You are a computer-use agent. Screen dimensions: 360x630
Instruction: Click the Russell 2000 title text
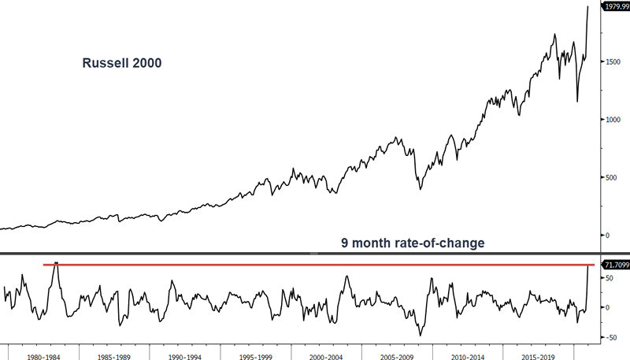point(122,64)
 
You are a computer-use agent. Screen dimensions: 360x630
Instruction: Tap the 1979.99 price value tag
point(614,7)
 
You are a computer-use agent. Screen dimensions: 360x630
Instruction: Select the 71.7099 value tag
point(614,265)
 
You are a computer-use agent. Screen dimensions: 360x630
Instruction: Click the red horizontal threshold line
point(315,265)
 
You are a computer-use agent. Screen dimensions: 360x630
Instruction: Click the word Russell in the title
point(103,64)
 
